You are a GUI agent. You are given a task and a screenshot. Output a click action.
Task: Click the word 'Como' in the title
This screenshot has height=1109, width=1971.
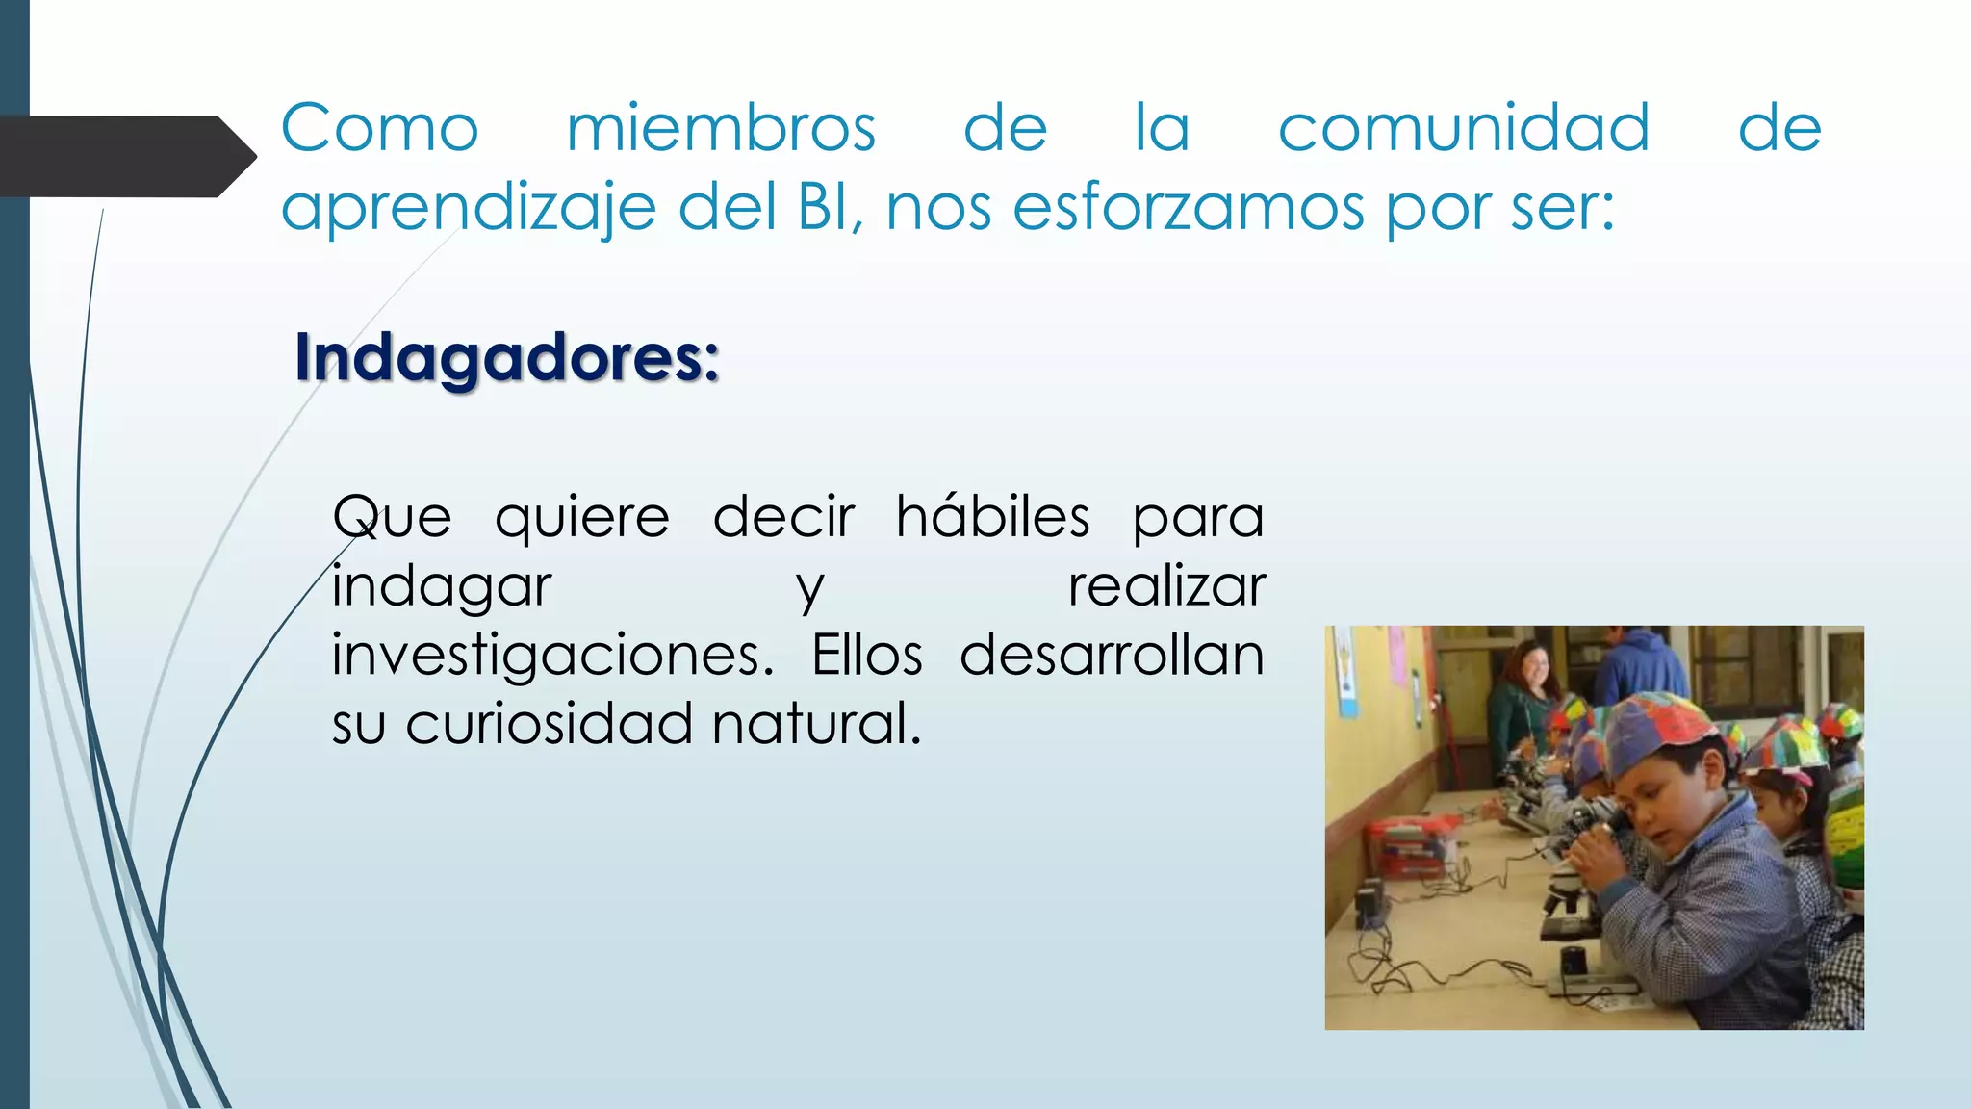tap(379, 128)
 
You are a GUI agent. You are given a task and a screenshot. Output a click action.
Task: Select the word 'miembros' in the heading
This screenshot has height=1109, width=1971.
tap(721, 128)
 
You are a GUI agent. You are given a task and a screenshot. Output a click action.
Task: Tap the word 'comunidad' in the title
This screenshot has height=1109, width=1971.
tap(1463, 128)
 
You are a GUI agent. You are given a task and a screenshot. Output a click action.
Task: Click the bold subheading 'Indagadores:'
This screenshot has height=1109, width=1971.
tap(507, 357)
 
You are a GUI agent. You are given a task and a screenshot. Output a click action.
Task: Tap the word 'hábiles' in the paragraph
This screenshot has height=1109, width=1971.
tap(992, 517)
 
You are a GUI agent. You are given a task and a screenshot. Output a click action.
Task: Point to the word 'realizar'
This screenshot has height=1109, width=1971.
tap(1166, 586)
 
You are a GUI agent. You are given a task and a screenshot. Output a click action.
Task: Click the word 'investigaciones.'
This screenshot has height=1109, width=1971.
tap(552, 657)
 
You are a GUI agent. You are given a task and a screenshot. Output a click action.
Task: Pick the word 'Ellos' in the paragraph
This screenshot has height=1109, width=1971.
tap(867, 656)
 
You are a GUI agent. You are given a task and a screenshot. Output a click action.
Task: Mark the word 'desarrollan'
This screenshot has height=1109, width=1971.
tap(1112, 656)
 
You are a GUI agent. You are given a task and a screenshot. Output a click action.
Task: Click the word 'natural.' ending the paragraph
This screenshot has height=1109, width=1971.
tap(816, 724)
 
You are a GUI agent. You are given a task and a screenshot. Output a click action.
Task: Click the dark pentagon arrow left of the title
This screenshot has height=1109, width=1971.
tap(125, 157)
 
